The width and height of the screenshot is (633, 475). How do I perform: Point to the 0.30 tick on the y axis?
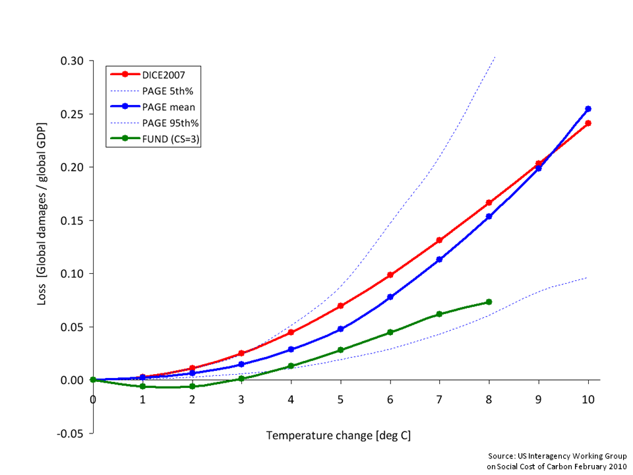tap(72, 61)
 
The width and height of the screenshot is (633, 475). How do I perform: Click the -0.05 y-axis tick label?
tap(71, 433)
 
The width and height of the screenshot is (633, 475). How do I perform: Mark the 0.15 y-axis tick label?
tap(72, 220)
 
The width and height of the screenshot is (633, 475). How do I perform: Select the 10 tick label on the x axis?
tap(588, 399)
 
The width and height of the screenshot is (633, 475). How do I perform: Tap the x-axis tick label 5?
tap(340, 399)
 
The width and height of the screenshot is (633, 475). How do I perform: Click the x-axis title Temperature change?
tap(338, 436)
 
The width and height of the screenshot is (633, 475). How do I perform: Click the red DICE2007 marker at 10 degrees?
tap(588, 123)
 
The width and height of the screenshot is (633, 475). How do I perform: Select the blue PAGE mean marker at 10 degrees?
tap(588, 109)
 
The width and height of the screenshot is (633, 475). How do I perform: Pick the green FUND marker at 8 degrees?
tap(489, 302)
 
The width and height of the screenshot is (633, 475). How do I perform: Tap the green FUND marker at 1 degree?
tap(142, 386)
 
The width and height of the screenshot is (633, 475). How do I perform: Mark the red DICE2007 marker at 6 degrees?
tap(390, 274)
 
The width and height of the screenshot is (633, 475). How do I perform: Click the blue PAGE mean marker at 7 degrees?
tap(439, 259)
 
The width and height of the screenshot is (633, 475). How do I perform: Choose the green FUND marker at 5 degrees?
tap(340, 350)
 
